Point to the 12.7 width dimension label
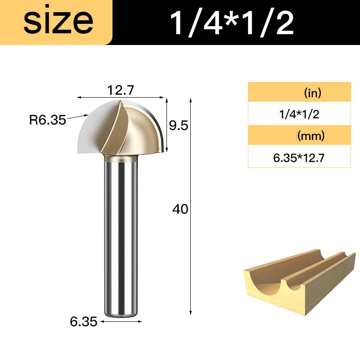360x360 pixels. (120, 90)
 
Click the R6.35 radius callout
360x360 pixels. (48, 120)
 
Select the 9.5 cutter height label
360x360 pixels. (178, 126)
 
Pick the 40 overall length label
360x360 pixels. (180, 209)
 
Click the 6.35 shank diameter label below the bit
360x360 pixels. (84, 321)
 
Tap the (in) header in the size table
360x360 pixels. (312, 93)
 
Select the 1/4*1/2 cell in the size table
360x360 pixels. (299, 114)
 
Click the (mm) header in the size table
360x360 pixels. (311, 136)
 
